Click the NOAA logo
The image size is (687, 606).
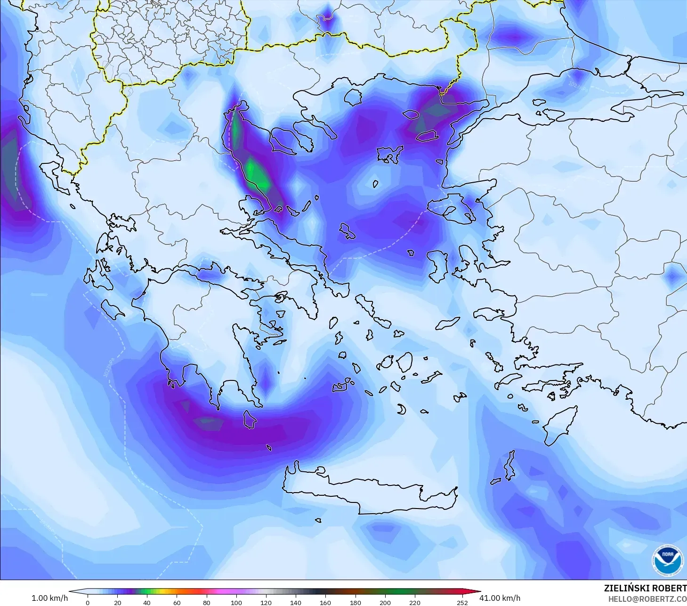pyautogui.click(x=667, y=560)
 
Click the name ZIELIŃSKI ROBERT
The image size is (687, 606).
pyautogui.click(x=645, y=588)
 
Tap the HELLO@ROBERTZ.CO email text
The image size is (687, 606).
pyautogui.click(x=647, y=599)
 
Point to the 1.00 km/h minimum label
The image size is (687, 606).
pyautogui.click(x=49, y=598)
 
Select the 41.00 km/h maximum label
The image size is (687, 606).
pyautogui.click(x=500, y=598)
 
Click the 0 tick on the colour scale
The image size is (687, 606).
pyautogui.click(x=88, y=602)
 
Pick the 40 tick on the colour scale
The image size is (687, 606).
pyautogui.click(x=147, y=602)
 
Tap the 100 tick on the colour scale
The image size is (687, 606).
pyautogui.click(x=236, y=602)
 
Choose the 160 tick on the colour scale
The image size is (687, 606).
pyautogui.click(x=325, y=602)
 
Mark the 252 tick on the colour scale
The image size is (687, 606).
pyautogui.click(x=462, y=602)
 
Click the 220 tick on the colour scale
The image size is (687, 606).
pyautogui.click(x=415, y=602)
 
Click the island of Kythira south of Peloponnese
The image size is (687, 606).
pyautogui.click(x=249, y=419)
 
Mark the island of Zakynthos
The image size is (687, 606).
pyautogui.click(x=112, y=309)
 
